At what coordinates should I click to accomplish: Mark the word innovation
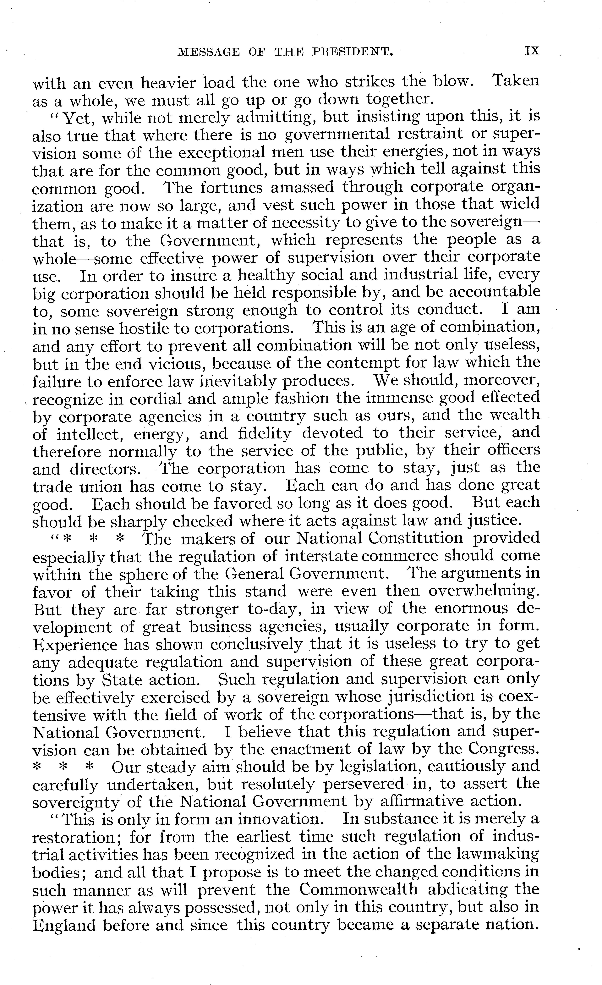tap(280, 820)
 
